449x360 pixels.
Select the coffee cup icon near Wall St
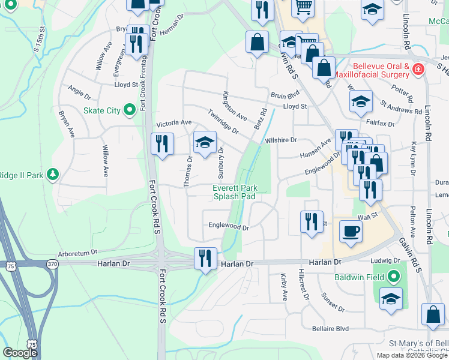[x=351, y=230]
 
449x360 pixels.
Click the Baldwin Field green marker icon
[x=393, y=277]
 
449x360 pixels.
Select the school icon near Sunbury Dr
[x=205, y=142]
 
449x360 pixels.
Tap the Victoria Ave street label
[x=173, y=124]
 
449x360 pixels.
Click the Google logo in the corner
[x=20, y=353]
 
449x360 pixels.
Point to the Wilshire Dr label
[x=281, y=140]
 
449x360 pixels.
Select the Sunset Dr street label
[x=333, y=302]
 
